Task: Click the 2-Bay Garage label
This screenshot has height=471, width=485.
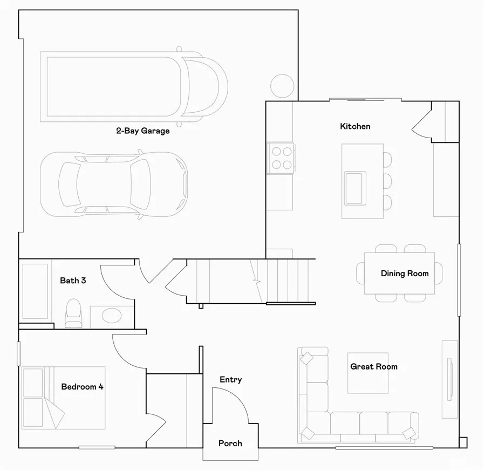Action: point(143,131)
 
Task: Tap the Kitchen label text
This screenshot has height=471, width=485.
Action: point(355,126)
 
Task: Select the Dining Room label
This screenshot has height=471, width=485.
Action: point(405,274)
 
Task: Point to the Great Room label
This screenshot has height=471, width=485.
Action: point(374,366)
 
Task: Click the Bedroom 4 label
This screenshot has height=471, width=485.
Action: point(82,386)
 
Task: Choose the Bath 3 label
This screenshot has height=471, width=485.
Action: point(73,281)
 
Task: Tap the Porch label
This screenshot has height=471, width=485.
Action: point(230,443)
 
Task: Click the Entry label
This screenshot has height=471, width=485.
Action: point(230,380)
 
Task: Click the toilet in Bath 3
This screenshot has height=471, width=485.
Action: point(72,313)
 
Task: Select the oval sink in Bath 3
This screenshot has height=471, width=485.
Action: point(112,314)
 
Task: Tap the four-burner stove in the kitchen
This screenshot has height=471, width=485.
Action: point(281,158)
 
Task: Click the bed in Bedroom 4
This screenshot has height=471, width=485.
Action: point(63,398)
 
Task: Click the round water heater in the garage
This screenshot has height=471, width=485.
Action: point(282,85)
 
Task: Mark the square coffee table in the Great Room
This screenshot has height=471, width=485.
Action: point(367,373)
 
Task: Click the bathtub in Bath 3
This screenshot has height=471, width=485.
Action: point(35,291)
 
